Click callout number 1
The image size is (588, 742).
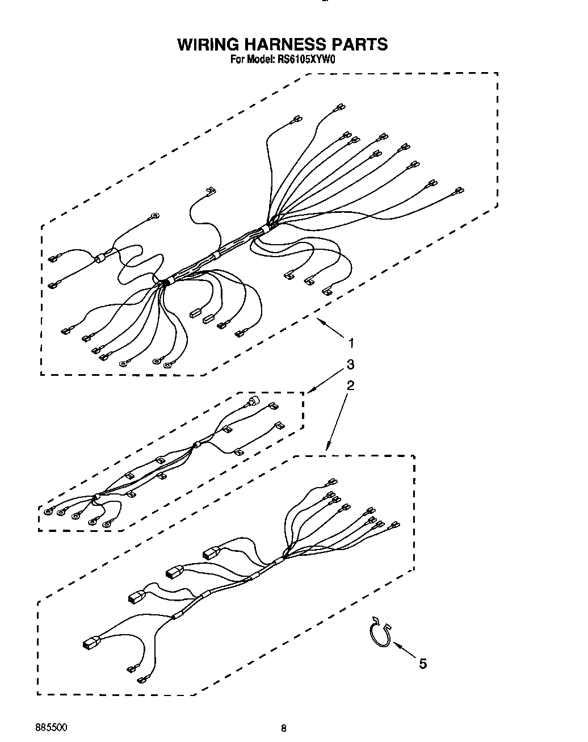[x=351, y=343]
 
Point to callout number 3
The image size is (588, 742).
[x=351, y=364]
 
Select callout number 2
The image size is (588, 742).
[x=351, y=385]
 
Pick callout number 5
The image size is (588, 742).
[x=422, y=663]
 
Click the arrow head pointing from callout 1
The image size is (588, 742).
[x=320, y=321]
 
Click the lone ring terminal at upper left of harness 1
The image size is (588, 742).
[x=155, y=216]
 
